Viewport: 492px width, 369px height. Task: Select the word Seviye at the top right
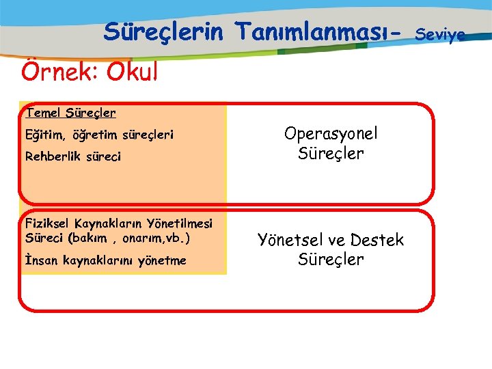pyautogui.click(x=440, y=33)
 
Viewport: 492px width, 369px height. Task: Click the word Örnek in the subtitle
pyautogui.click(x=59, y=70)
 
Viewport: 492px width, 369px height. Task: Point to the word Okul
pyautogui.click(x=131, y=70)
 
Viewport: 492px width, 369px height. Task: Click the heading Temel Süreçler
pyautogui.click(x=70, y=112)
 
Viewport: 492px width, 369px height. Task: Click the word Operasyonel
pyautogui.click(x=331, y=135)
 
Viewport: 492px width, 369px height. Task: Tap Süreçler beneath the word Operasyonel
pyautogui.click(x=331, y=154)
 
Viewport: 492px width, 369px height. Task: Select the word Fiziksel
pyautogui.click(x=48, y=223)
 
